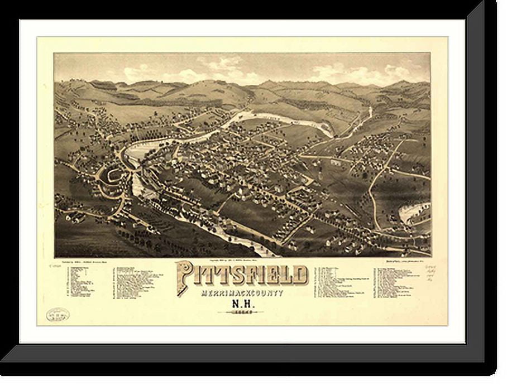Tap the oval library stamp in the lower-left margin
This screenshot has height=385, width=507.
(x=58, y=314)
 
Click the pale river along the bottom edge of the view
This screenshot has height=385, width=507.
(x=223, y=234)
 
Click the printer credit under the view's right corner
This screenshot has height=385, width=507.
(x=405, y=260)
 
